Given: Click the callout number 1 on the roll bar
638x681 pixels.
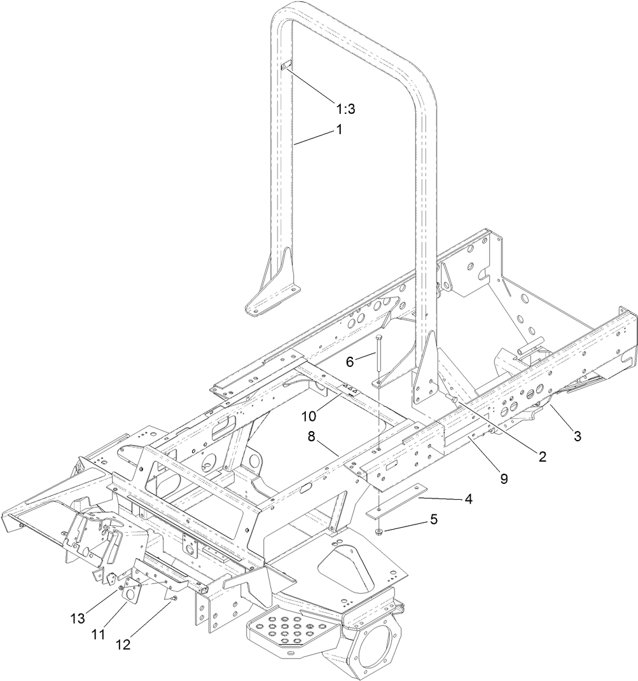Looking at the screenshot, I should [x=339, y=129].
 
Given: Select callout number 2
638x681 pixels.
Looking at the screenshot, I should [x=542, y=456].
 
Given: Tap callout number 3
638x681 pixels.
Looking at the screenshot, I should [x=578, y=436].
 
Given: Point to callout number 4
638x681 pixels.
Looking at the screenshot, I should [x=468, y=499].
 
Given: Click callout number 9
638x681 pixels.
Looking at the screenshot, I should [x=504, y=479].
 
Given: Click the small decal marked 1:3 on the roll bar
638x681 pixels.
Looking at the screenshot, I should [x=286, y=67].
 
